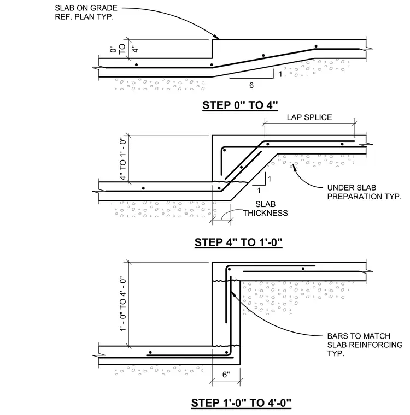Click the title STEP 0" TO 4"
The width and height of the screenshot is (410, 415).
240,105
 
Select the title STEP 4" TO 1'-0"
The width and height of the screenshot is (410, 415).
238,242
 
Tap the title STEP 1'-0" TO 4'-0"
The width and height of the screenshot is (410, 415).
241,403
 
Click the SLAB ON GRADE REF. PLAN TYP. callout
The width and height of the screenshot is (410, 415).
86,13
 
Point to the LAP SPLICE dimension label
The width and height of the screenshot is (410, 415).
309,117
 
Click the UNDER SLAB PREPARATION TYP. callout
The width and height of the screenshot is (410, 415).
365,192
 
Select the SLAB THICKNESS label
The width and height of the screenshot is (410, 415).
266,209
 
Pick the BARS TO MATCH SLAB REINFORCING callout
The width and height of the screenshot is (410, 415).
365,345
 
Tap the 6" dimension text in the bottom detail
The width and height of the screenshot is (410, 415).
226,375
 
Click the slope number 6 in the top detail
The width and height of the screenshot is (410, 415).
251,85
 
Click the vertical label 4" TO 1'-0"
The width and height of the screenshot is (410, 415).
122,159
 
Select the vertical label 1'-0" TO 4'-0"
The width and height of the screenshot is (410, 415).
122,304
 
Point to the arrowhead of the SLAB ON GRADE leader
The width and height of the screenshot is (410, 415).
218,38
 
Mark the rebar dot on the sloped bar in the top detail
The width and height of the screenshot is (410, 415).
263,55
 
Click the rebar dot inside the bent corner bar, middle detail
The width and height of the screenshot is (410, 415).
224,150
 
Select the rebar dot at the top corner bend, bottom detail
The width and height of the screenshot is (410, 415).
229,269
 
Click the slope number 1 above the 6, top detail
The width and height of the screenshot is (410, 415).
280,74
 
